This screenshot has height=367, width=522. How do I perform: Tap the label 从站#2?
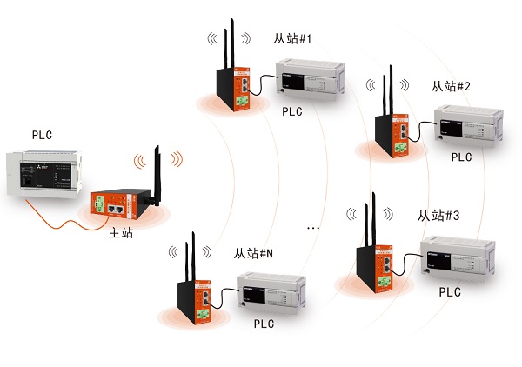coord(451,86)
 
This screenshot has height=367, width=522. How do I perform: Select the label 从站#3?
coord(438,215)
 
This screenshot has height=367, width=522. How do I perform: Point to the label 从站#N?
coord(253,255)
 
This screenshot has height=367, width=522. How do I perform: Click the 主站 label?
coord(120,234)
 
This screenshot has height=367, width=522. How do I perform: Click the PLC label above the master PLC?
coord(43,135)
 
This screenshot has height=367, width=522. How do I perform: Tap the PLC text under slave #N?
coord(264,324)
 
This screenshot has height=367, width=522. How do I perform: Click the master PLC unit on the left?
coord(40,170)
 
